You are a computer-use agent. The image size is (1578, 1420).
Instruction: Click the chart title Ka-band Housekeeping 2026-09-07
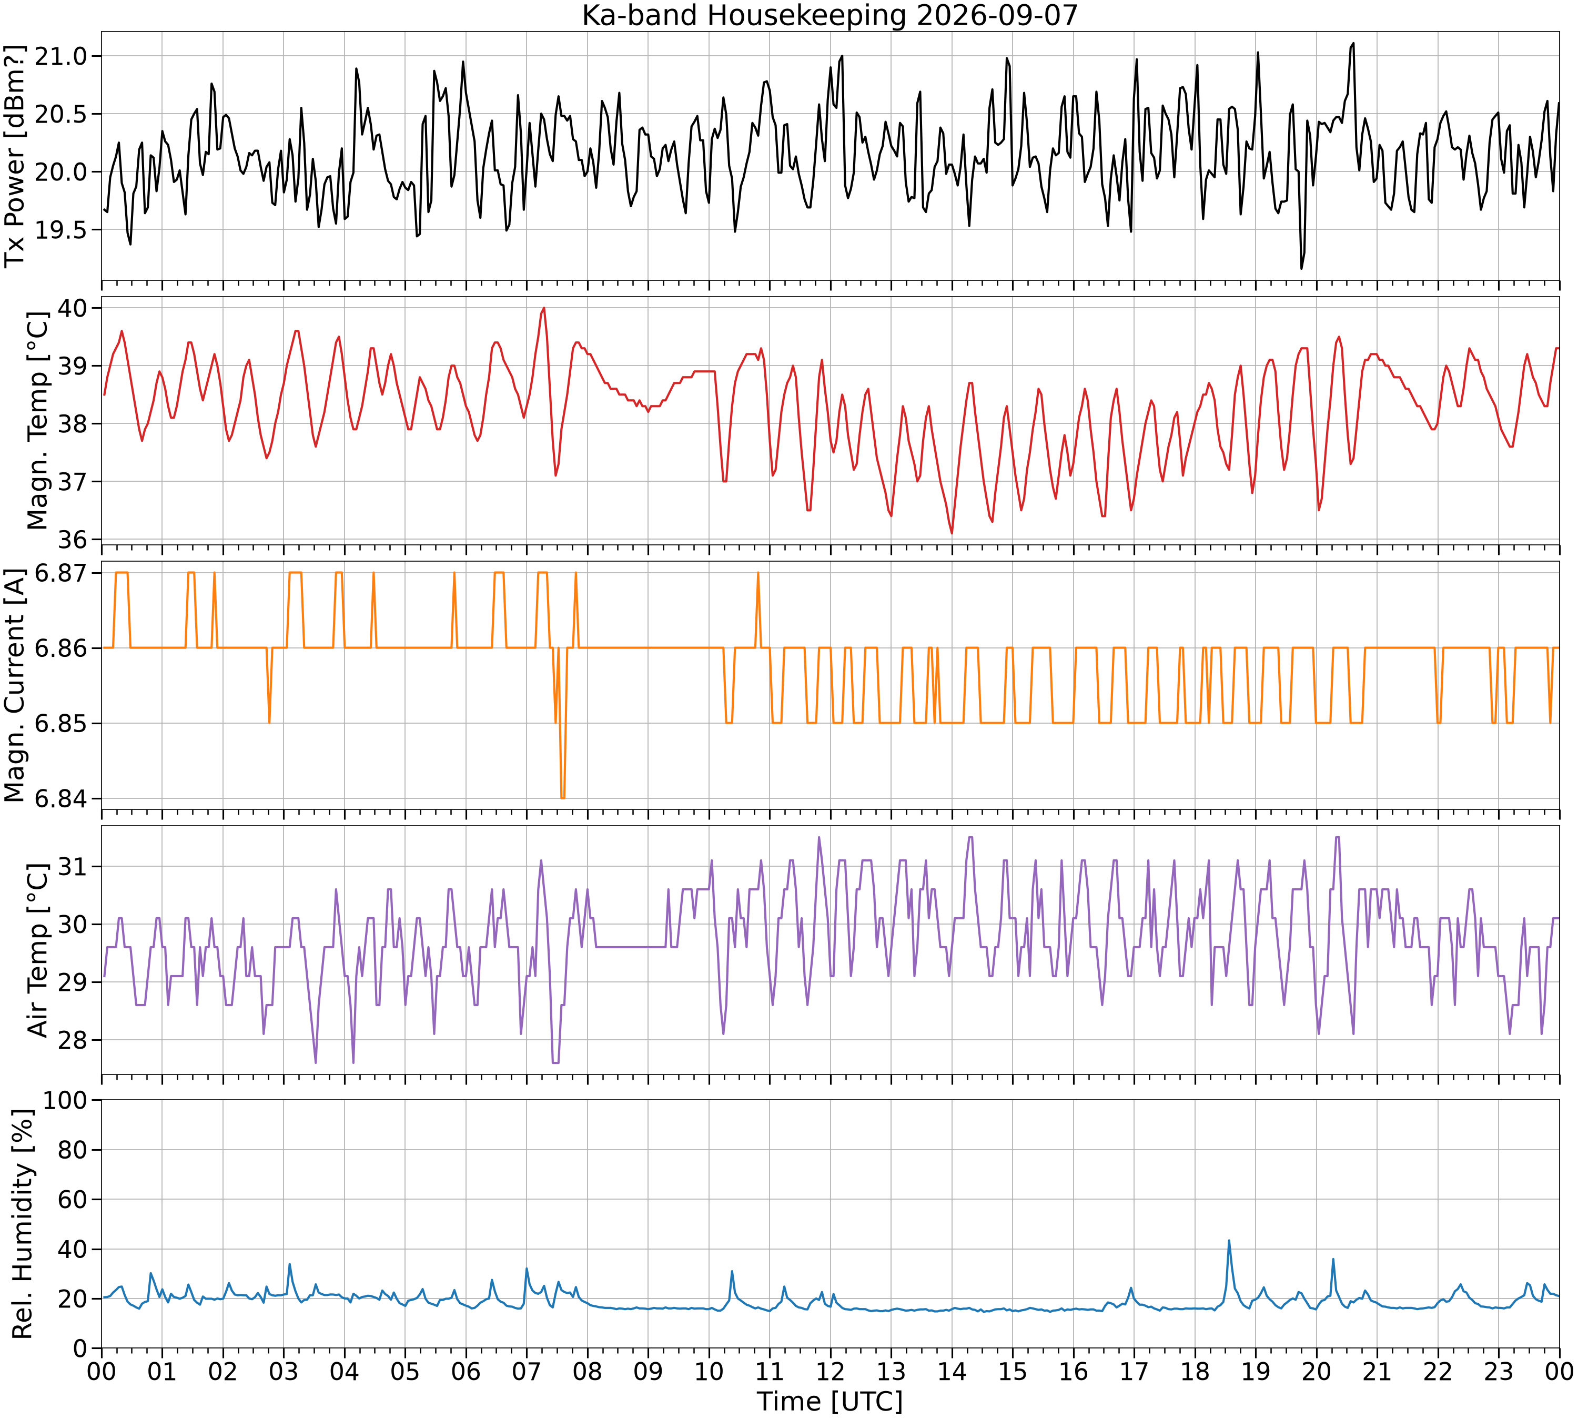point(830,16)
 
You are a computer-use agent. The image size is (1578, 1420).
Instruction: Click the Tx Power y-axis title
point(16,156)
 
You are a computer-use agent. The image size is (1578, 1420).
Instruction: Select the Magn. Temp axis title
point(37,421)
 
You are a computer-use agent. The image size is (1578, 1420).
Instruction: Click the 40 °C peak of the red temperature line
point(543,308)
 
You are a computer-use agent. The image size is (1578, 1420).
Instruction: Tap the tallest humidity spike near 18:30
point(1229,1241)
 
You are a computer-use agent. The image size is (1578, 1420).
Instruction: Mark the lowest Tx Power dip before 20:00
point(1301,268)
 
